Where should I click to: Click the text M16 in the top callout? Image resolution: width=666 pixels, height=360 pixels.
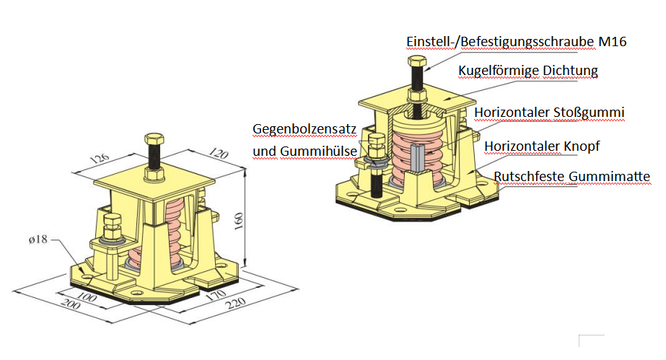612,42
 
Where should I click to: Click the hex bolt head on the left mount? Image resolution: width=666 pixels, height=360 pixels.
153,139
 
